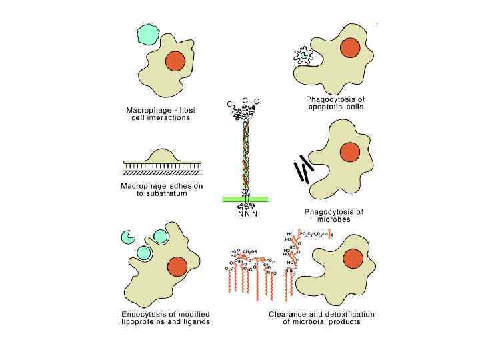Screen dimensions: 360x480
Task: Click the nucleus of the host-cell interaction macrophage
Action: [175, 61]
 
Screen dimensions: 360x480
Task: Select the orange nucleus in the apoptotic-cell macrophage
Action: [350, 48]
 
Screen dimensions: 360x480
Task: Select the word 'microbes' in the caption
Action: [334, 220]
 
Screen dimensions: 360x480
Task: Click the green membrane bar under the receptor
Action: [245, 199]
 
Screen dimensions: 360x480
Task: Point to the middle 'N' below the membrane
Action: [246, 215]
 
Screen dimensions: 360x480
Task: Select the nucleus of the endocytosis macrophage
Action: [177, 267]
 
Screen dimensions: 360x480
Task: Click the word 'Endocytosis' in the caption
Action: [145, 313]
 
